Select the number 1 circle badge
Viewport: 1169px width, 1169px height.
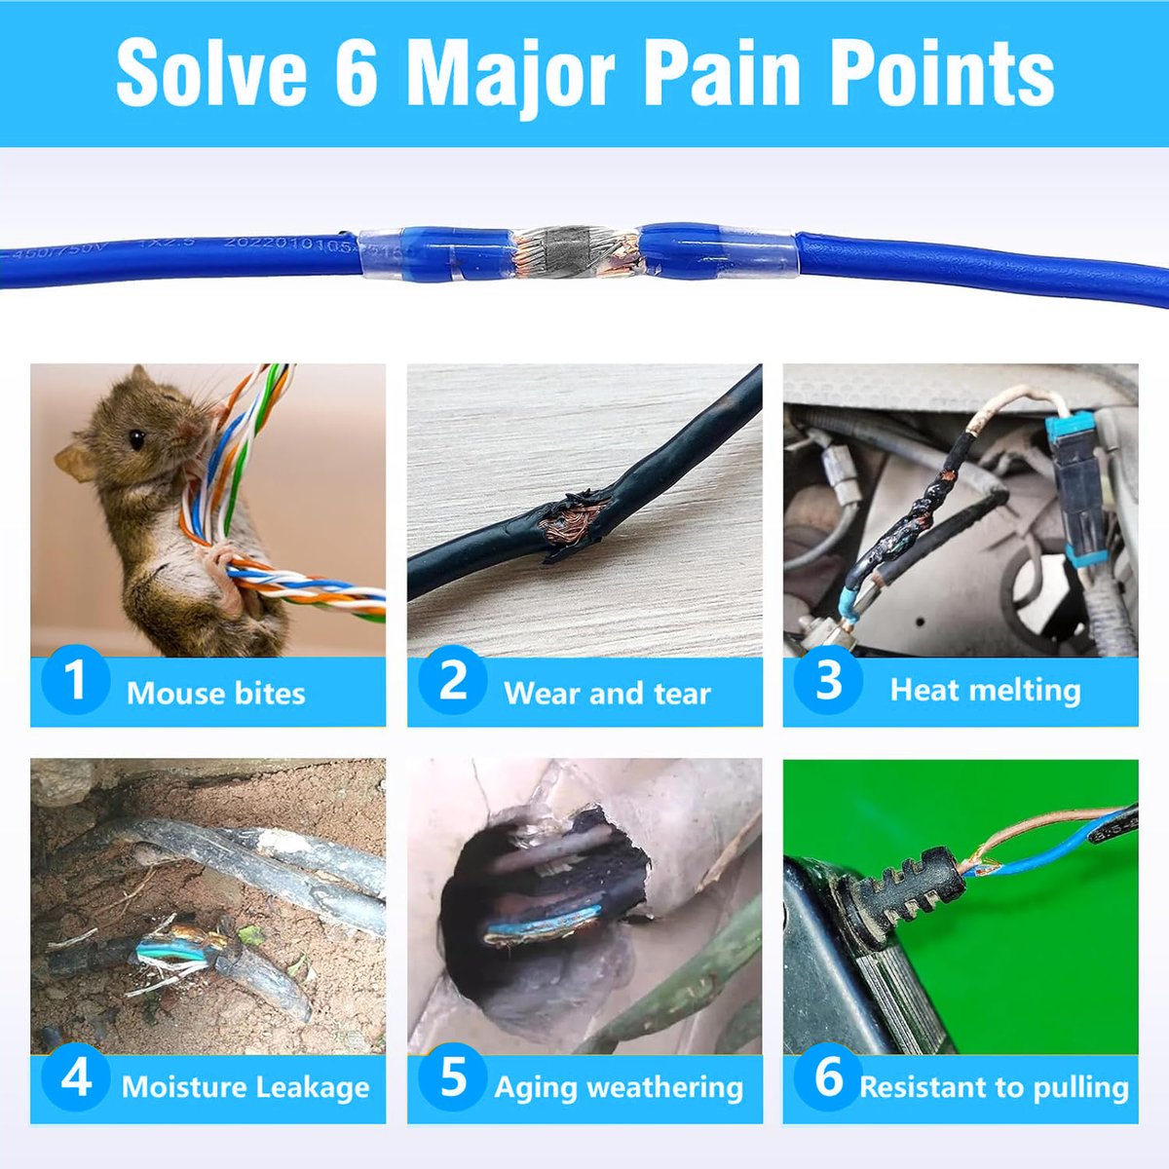click(x=75, y=680)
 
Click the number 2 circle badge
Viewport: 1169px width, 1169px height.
click(x=453, y=680)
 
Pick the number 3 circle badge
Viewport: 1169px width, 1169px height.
click(x=829, y=680)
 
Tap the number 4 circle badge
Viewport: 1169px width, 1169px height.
click(x=75, y=1077)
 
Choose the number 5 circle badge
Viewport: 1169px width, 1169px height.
click(x=453, y=1077)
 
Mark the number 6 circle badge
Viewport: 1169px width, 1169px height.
click(x=829, y=1077)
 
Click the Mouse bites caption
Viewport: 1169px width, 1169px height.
click(x=215, y=693)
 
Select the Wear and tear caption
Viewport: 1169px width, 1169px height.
click(x=607, y=693)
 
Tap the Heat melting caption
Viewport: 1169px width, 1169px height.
click(x=985, y=690)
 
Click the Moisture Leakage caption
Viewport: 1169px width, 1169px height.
click(x=245, y=1087)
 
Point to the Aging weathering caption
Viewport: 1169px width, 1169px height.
click(x=619, y=1087)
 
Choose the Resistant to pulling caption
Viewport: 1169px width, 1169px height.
click(x=994, y=1087)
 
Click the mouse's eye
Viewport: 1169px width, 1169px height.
click(x=136, y=439)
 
